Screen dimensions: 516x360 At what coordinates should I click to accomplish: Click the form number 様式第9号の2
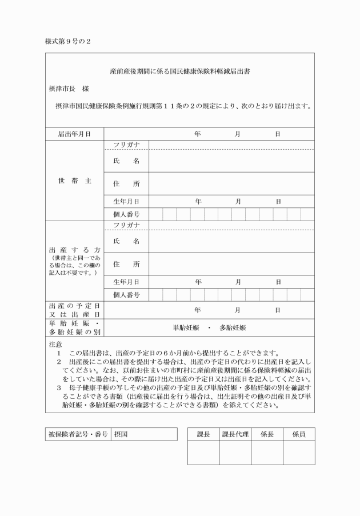point(68,42)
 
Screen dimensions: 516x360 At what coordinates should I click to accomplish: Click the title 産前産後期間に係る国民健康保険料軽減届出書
point(179,73)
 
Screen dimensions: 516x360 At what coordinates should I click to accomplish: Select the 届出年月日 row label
point(74,134)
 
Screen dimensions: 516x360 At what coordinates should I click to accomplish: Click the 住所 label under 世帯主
point(126,184)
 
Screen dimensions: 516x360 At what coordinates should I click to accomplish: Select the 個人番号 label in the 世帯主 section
point(126,214)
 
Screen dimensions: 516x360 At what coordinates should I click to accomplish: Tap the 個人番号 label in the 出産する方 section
point(126,295)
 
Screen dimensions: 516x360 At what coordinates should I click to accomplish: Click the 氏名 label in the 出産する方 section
point(126,241)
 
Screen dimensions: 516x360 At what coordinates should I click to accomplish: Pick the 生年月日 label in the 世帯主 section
point(126,201)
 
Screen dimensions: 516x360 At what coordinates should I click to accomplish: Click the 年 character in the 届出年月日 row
point(198,134)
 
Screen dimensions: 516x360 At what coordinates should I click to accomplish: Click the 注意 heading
point(55,345)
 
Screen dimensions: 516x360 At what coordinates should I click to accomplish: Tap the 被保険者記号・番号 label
point(78,434)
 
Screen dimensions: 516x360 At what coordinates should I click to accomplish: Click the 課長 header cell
point(203,434)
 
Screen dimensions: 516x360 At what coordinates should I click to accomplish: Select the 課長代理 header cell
point(235,434)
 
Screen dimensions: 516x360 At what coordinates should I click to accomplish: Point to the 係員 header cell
point(299,434)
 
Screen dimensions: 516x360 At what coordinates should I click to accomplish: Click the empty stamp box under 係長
point(267,453)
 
